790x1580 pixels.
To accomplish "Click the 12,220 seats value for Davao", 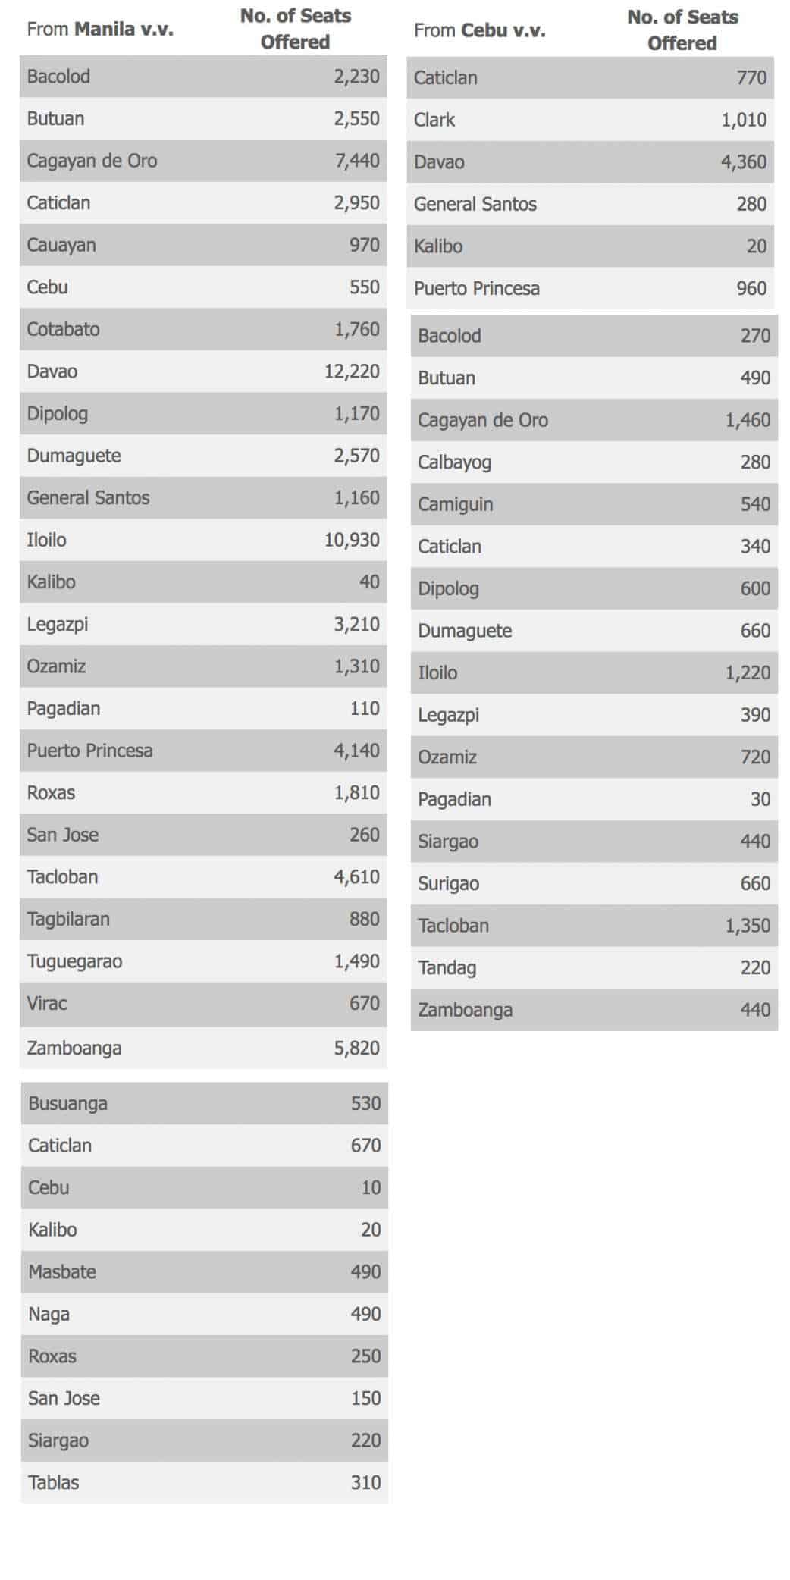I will pyautogui.click(x=351, y=371).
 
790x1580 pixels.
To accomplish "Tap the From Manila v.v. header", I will pyautogui.click(x=99, y=30).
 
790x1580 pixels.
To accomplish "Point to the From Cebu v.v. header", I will pyautogui.click(x=479, y=30).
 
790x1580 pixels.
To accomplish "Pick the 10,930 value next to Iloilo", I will pyautogui.click(x=351, y=540).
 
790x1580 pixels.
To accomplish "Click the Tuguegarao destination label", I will pyautogui.click(x=74, y=961).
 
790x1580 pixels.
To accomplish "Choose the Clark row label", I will pyautogui.click(x=434, y=120).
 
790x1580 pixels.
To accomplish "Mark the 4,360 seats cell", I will pyautogui.click(x=743, y=161).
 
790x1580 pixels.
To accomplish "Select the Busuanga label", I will pyautogui.click(x=67, y=1103).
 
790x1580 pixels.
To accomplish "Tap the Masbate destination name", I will pyautogui.click(x=62, y=1271).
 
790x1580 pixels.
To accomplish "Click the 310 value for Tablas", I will pyautogui.click(x=365, y=1482).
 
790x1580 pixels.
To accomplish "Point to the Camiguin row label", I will pyautogui.click(x=455, y=504).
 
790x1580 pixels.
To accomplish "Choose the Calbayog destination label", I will pyautogui.click(x=454, y=462).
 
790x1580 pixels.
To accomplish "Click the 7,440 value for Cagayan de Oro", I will pyautogui.click(x=356, y=161).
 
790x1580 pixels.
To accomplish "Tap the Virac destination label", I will pyautogui.click(x=47, y=1003).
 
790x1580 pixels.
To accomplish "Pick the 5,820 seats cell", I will pyautogui.click(x=356, y=1048).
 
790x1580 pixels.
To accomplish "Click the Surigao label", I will pyautogui.click(x=448, y=883).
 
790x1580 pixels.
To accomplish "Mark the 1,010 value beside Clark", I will pyautogui.click(x=743, y=120).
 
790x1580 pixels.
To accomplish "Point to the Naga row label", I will pyautogui.click(x=49, y=1314).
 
